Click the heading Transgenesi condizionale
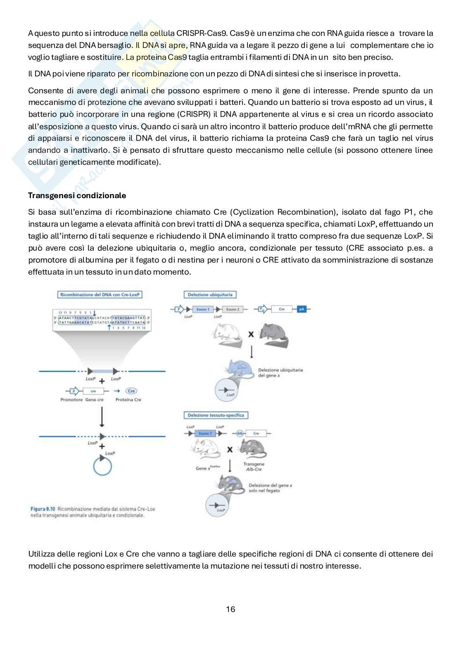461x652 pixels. (77, 195)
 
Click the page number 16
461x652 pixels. (230, 609)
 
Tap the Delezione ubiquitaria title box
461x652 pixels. (210, 294)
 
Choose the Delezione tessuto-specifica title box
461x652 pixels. (216, 415)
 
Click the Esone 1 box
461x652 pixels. (203, 309)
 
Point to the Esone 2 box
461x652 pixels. (232, 309)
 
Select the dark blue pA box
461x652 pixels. (302, 309)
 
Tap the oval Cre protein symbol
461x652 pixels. (131, 391)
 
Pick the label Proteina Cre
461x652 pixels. (128, 400)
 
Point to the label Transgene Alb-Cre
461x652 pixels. (254, 467)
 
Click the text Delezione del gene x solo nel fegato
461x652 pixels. (270, 488)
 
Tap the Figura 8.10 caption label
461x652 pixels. (43, 509)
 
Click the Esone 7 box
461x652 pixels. (205, 433)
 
